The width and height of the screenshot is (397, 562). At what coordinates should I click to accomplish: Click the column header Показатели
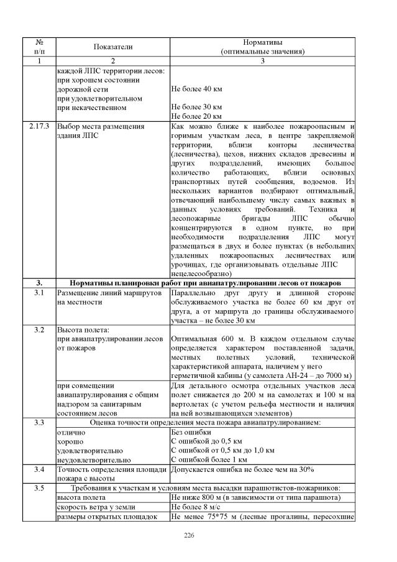point(113,47)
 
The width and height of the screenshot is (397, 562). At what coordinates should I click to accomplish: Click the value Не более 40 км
point(196,89)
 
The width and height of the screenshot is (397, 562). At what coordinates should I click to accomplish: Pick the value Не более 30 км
point(196,107)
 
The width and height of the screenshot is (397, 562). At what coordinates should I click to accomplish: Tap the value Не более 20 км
point(196,116)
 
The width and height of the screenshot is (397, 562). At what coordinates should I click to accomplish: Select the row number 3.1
point(39,292)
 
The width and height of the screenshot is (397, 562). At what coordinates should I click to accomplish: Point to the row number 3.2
point(39,329)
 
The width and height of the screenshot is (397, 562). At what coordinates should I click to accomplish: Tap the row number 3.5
point(39,488)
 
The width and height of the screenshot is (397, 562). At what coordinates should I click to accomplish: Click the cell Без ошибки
point(191,432)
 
